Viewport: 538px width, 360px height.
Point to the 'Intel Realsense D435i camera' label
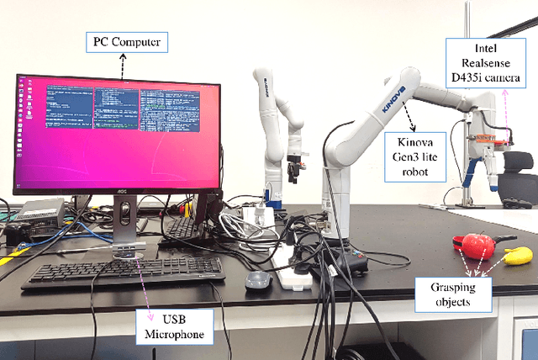pyautogui.click(x=487, y=68)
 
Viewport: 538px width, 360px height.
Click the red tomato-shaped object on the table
pyautogui.click(x=478, y=245)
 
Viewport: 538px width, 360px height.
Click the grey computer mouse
pyautogui.click(x=257, y=280)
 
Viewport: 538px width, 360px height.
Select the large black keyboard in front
pyautogui.click(x=123, y=273)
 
